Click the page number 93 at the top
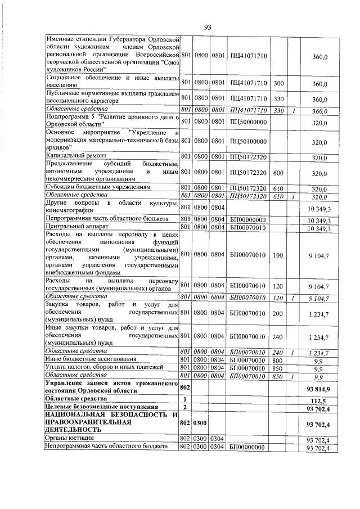[x=207, y=27]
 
